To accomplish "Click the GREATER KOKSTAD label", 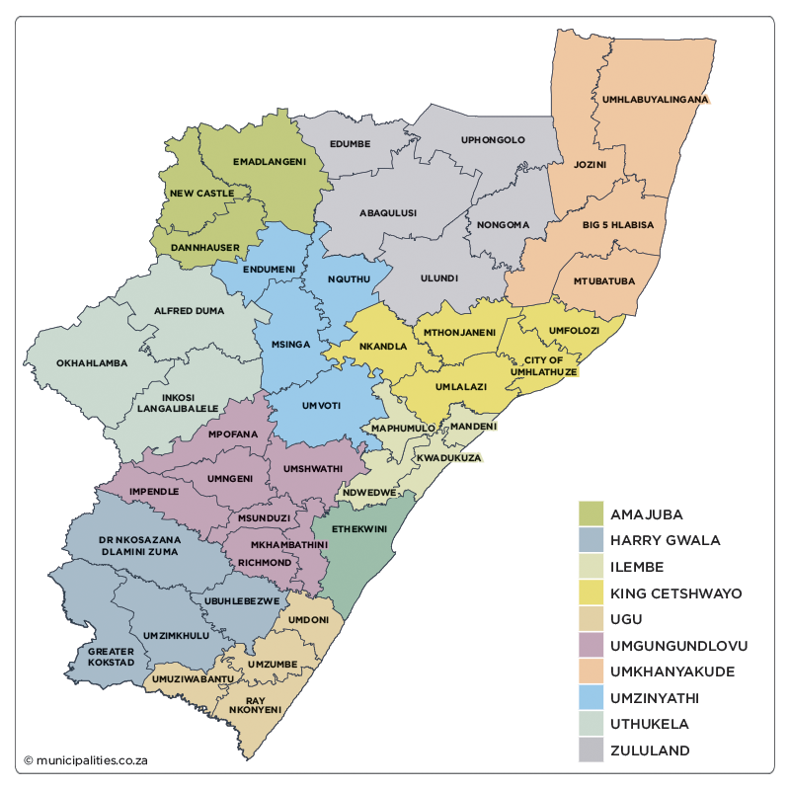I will (111, 657).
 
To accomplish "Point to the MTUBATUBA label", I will (604, 281).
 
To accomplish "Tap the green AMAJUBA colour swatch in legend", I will (591, 514).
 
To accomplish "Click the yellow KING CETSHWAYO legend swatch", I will (591, 593).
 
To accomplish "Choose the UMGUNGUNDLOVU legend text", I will (678, 646).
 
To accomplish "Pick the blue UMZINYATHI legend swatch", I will (591, 698).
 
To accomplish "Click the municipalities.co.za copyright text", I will (86, 760).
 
